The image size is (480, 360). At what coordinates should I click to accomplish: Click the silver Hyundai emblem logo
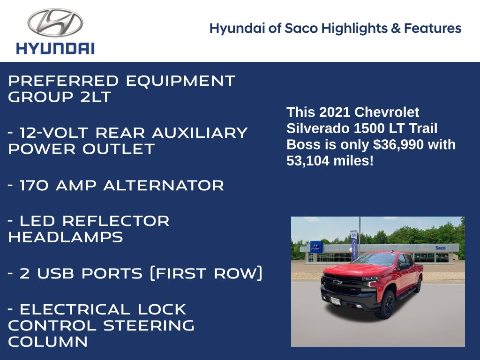click(55, 22)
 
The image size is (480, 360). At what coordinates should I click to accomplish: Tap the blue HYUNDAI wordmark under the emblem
click(55, 48)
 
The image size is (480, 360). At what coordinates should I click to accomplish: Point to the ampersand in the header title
click(396, 28)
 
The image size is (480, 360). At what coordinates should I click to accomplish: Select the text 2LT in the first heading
click(96, 97)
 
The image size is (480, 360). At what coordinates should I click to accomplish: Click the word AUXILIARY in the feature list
click(200, 133)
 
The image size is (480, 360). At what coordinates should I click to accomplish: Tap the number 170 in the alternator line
click(34, 186)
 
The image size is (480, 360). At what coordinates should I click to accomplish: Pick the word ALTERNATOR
click(164, 186)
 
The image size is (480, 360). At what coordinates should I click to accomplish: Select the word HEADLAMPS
click(66, 237)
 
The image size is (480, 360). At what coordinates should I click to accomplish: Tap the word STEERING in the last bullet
click(149, 325)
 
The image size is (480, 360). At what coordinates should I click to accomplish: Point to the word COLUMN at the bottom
click(48, 342)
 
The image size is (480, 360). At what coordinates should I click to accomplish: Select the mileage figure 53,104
click(307, 161)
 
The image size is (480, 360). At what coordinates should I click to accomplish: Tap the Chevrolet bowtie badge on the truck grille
click(337, 282)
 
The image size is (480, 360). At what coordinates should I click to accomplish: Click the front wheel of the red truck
click(387, 304)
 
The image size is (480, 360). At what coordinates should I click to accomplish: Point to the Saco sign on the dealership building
click(440, 247)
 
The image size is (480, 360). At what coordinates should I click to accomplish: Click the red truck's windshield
click(376, 259)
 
